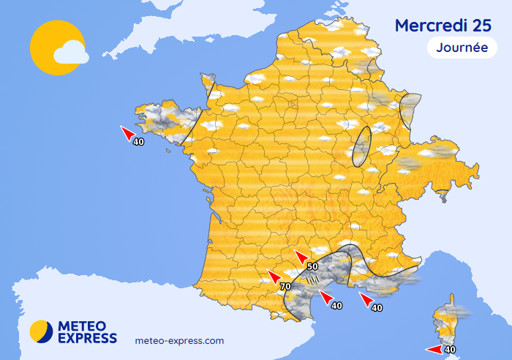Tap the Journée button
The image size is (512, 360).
(457, 48)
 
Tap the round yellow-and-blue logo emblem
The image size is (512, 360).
(42, 331)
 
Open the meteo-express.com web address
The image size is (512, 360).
(180, 340)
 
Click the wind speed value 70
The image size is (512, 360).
(285, 287)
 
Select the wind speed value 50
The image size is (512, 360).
(312, 267)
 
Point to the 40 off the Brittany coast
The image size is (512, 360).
(138, 141)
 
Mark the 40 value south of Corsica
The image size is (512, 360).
(451, 350)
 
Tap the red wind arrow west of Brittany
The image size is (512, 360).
(127, 132)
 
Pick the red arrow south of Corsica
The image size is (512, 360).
(434, 350)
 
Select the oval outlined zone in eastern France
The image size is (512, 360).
(361, 146)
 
